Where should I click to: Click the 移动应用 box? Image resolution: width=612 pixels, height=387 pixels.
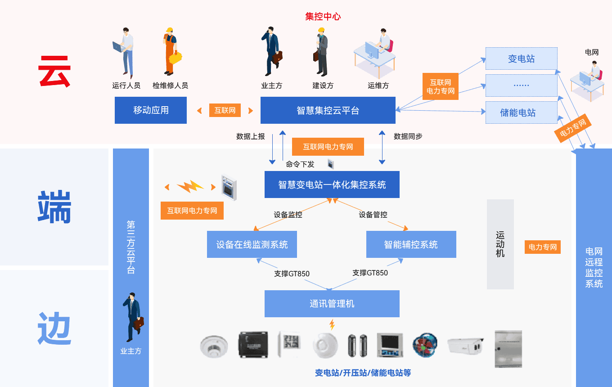tap(151, 110)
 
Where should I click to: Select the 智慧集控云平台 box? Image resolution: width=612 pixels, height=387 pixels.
tap(328, 111)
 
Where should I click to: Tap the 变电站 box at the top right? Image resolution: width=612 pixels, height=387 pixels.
tap(521, 58)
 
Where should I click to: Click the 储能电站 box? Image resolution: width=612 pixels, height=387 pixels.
tap(521, 112)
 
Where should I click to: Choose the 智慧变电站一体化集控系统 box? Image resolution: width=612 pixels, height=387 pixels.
tap(332, 184)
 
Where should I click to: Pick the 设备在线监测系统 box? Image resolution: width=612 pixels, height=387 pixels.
tap(252, 244)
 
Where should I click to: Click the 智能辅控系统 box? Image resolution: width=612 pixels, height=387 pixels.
tap(411, 244)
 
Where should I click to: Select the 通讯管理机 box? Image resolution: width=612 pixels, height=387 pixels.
tap(332, 304)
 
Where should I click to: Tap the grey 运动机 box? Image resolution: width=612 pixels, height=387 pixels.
tap(500, 244)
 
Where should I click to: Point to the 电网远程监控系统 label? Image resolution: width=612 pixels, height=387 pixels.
tap(594, 267)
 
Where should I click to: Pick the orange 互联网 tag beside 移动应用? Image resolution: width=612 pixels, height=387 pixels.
tap(225, 110)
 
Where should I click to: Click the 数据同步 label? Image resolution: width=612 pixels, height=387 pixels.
tap(408, 136)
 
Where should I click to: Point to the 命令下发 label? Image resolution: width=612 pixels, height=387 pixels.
tap(300, 164)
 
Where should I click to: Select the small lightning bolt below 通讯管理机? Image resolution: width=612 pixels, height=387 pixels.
tap(332, 324)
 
